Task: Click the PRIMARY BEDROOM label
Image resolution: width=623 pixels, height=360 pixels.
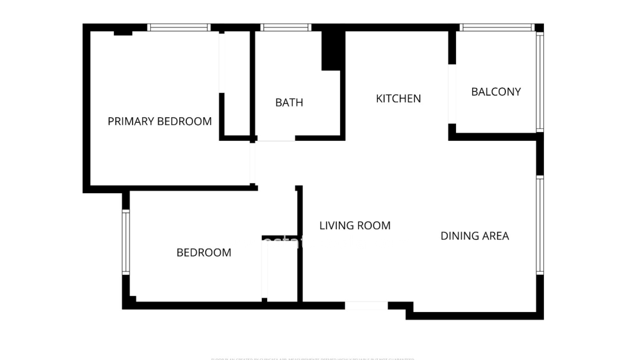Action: pos(159,121)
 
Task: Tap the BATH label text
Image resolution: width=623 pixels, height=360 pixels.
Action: pos(289,103)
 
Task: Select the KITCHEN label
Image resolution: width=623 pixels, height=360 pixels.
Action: pos(398,98)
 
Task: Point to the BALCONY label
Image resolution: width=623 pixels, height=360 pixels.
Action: pos(496,92)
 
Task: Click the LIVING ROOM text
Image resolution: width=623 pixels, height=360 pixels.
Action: pos(354,225)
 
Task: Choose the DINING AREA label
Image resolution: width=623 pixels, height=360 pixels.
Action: pos(475,236)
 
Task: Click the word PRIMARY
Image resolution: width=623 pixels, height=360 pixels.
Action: pos(130,121)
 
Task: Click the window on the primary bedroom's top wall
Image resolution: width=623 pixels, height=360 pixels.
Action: pos(179,27)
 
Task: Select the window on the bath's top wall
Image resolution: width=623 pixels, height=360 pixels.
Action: pos(285,27)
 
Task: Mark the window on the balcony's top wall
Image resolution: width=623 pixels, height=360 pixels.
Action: pos(497,27)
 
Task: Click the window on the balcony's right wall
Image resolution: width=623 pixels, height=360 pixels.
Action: pos(540,82)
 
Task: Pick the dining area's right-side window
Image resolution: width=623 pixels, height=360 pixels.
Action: pos(540,225)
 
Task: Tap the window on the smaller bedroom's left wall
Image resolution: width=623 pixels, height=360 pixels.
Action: pos(126,242)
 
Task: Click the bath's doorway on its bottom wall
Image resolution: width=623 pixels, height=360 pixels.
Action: pos(275,138)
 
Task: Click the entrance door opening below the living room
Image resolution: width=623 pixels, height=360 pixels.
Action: pos(366,305)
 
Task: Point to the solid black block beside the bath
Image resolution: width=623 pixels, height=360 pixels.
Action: pos(333,50)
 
